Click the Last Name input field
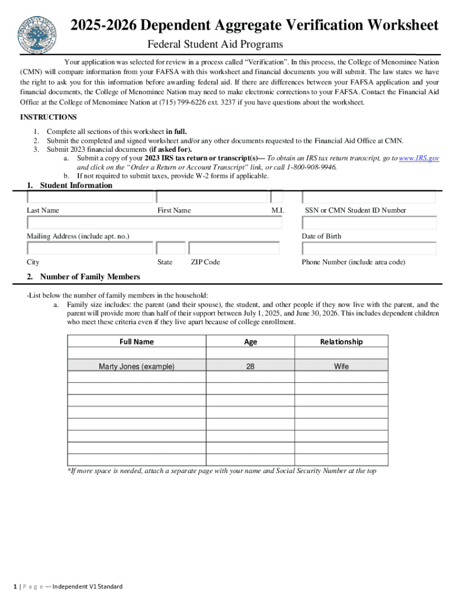89,197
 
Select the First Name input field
211,197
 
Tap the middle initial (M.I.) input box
277,197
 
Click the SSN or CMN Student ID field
370,197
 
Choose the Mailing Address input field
155,222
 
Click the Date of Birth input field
370,223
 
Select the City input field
89,248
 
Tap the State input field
171,248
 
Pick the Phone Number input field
370,248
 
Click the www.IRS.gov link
419,159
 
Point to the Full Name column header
136,341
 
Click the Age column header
251,341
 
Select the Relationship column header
341,341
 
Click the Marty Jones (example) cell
136,366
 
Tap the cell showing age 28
251,366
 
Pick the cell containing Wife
341,366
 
